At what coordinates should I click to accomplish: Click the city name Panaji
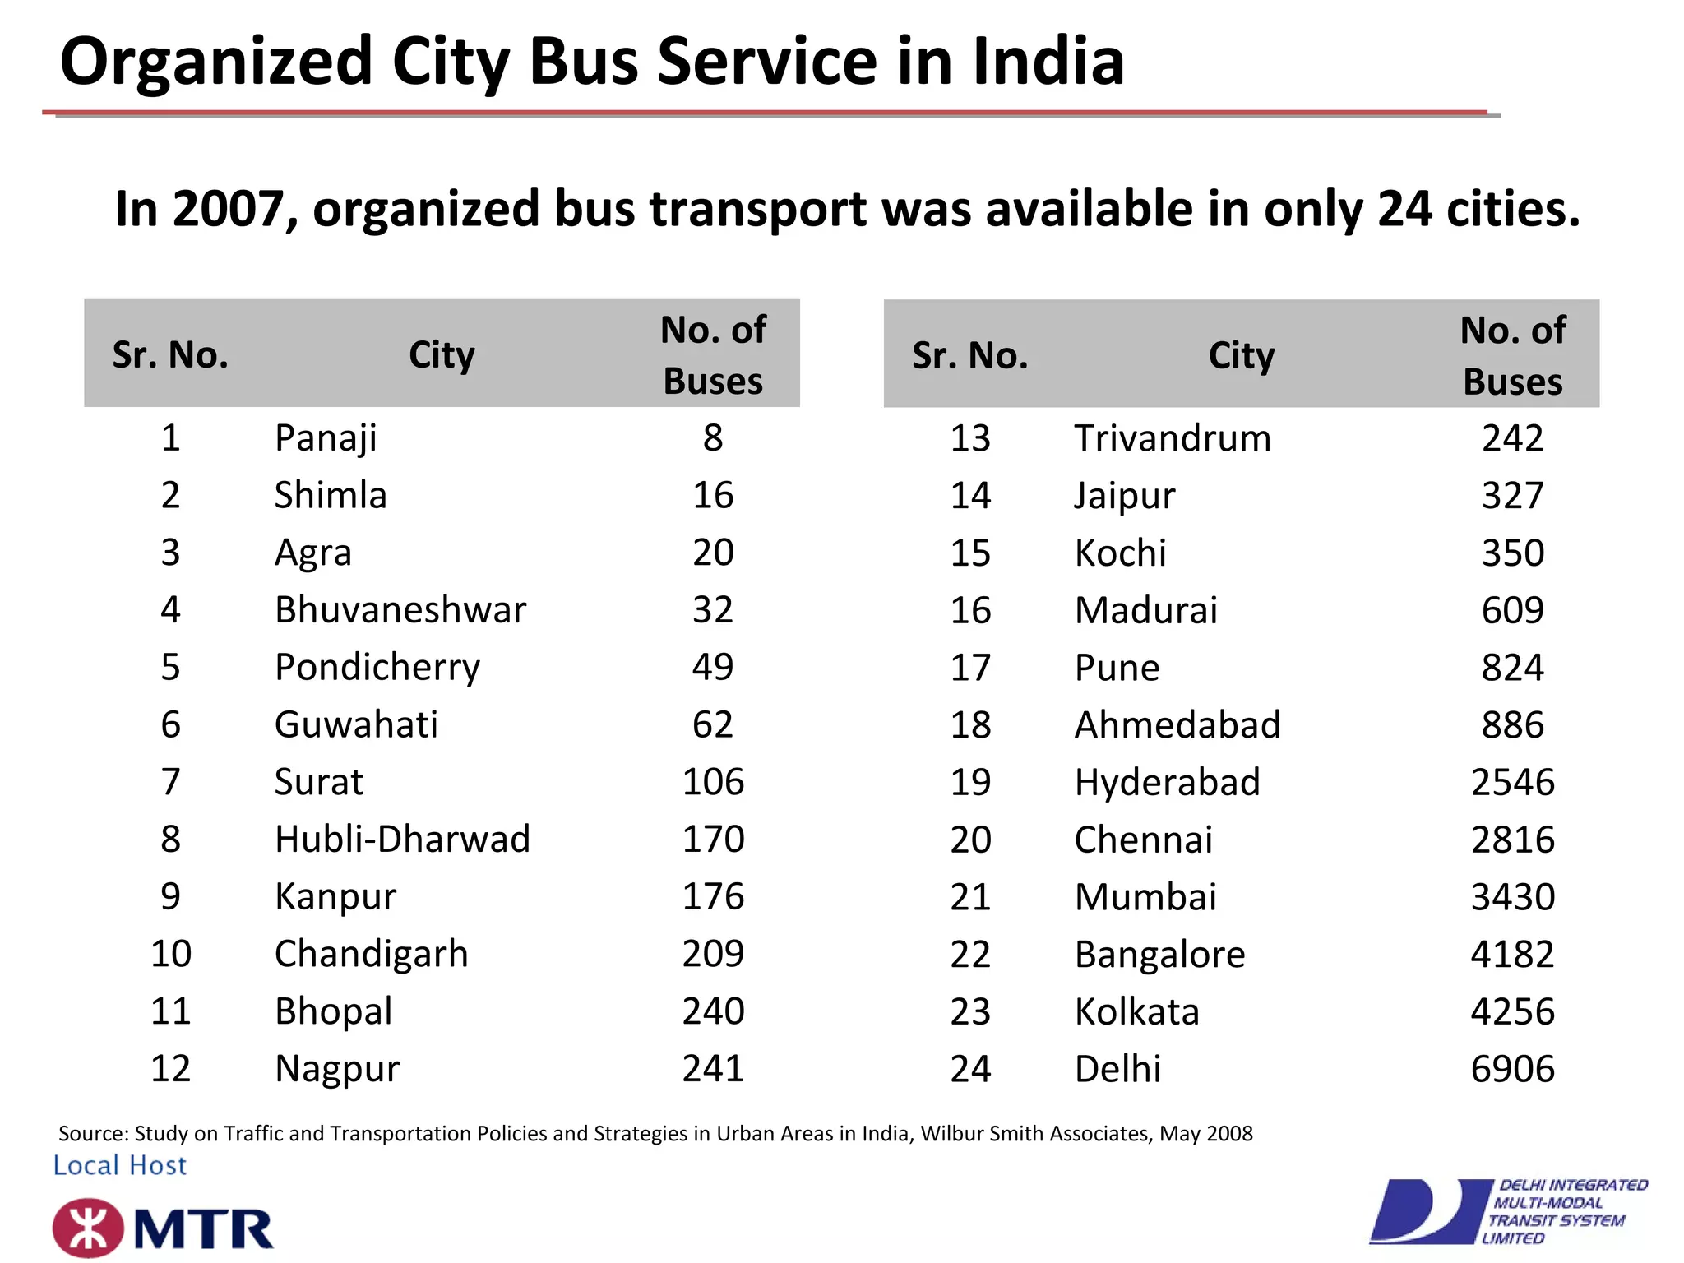pyautogui.click(x=326, y=438)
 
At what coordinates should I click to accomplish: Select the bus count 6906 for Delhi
pyautogui.click(x=1512, y=1069)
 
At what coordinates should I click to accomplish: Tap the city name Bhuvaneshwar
pyautogui.click(x=400, y=610)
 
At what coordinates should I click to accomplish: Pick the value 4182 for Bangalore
pyautogui.click(x=1512, y=955)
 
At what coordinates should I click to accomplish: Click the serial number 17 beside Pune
pyautogui.click(x=970, y=668)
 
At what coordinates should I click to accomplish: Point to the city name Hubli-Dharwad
pyautogui.click(x=402, y=840)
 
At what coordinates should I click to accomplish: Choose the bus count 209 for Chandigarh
pyautogui.click(x=713, y=954)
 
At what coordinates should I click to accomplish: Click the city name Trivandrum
pyautogui.click(x=1173, y=438)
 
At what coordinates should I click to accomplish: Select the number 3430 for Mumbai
pyautogui.click(x=1512, y=897)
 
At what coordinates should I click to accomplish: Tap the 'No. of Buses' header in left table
pyautogui.click(x=713, y=355)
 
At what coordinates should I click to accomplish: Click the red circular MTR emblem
pyautogui.click(x=88, y=1228)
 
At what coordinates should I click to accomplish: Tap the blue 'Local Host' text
pyautogui.click(x=120, y=1165)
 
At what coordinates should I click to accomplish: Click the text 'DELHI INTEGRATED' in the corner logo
pyautogui.click(x=1573, y=1185)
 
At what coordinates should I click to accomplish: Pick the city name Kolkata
pyautogui.click(x=1137, y=1012)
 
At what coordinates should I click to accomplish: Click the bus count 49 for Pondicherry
pyautogui.click(x=712, y=668)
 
